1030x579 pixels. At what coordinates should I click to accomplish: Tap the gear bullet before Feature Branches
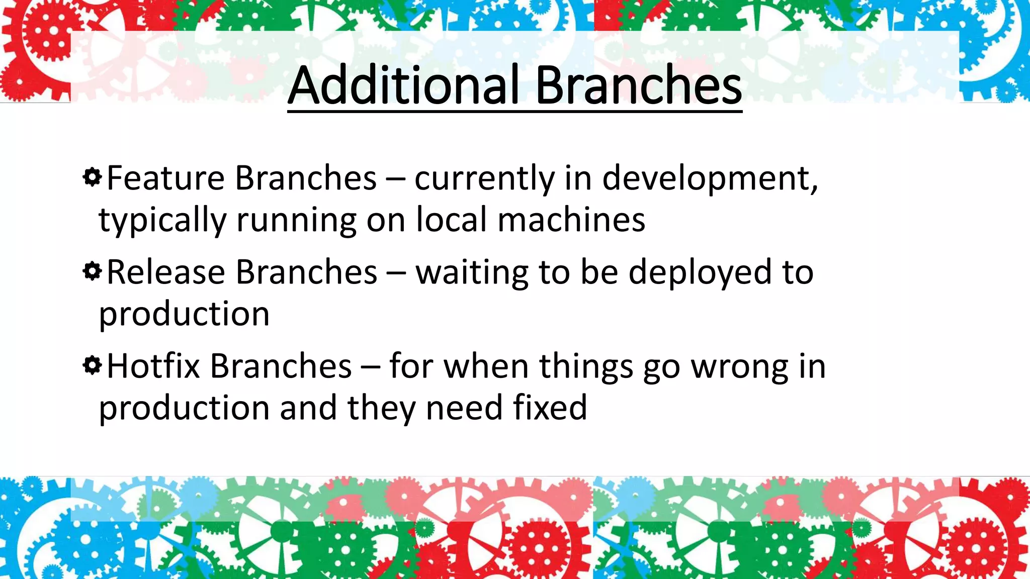coord(92,177)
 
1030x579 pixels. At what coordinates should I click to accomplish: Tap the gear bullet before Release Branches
coord(92,271)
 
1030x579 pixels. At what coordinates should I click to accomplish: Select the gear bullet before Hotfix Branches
coord(92,365)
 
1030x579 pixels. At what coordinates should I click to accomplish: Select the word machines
coord(571,220)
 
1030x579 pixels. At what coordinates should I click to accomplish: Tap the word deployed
coord(700,273)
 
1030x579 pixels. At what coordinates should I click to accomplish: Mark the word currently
coord(484,179)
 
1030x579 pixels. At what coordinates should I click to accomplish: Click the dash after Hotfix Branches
coord(370,367)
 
